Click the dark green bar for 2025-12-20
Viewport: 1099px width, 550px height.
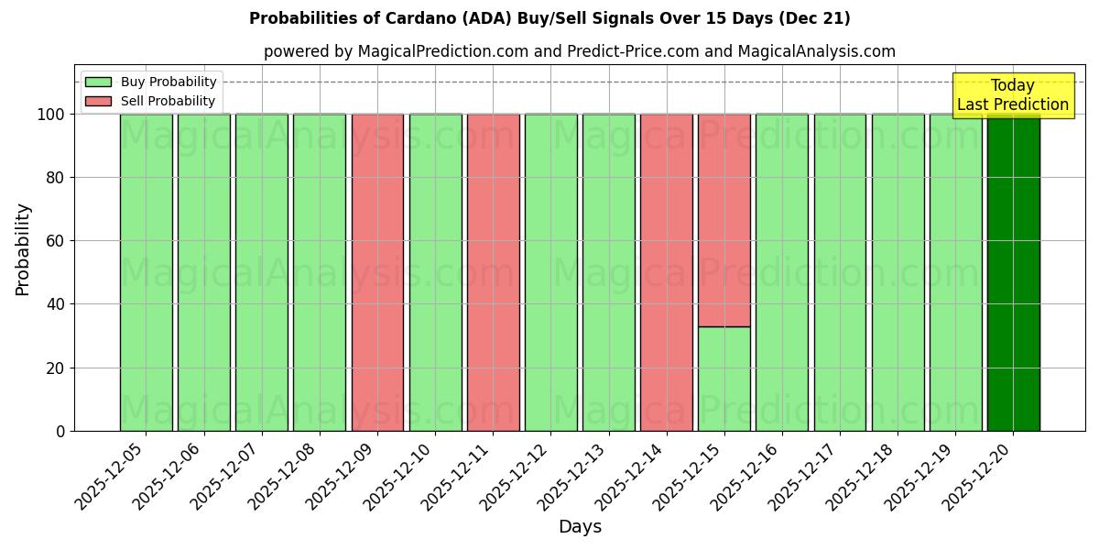pos(1013,272)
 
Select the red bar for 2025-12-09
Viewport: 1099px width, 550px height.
pos(377,272)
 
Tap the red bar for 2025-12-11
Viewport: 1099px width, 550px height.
pos(493,272)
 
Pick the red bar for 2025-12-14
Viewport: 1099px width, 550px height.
pos(666,272)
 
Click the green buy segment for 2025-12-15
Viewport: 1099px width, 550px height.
pos(724,379)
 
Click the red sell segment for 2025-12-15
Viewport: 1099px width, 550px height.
pos(724,220)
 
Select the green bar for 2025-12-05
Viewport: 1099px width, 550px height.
pos(146,272)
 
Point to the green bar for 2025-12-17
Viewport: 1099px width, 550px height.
pos(840,272)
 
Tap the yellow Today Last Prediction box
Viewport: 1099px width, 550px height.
pos(1012,95)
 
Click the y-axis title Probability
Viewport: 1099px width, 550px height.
pos(23,248)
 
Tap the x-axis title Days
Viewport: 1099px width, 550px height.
pos(580,527)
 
